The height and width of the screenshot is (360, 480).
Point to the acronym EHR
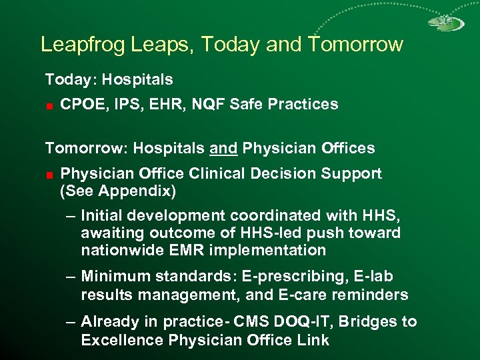pyautogui.click(x=162, y=104)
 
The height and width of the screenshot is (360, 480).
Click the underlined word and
pyautogui.click(x=224, y=148)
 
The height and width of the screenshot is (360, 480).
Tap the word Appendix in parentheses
pyautogui.click(x=142, y=191)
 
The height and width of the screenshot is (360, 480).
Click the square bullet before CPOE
pyautogui.click(x=49, y=105)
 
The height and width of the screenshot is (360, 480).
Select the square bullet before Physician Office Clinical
pyautogui.click(x=49, y=175)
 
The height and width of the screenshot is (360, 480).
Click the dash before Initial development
pyautogui.click(x=71, y=216)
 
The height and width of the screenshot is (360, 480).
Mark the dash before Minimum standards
pyautogui.click(x=71, y=277)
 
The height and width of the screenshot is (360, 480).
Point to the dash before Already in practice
pyautogui.click(x=71, y=323)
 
